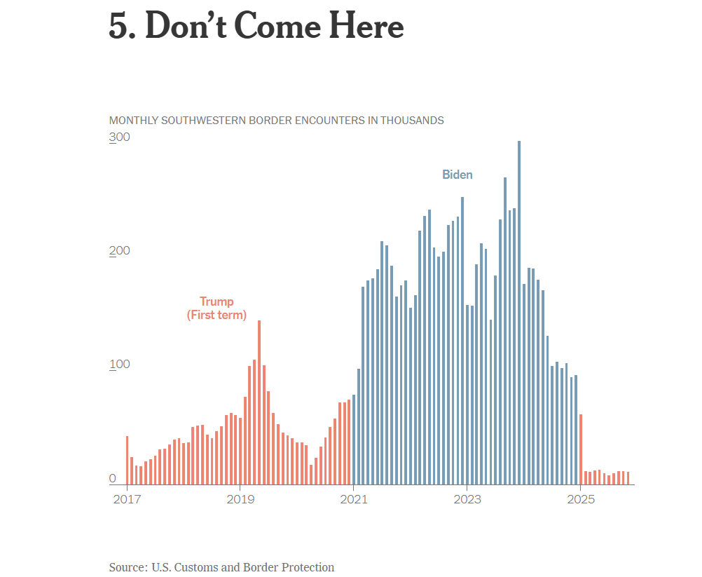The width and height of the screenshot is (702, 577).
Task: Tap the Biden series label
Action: [457, 175]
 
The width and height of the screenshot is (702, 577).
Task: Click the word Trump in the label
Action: [216, 301]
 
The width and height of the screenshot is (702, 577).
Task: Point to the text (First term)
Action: [216, 315]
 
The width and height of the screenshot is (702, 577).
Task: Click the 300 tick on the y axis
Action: [120, 137]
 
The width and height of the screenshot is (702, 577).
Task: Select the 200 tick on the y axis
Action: [120, 251]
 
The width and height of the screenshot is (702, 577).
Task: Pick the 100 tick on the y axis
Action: [120, 365]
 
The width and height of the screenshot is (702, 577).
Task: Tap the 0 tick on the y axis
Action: [112, 478]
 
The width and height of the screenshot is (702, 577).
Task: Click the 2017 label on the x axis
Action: [127, 499]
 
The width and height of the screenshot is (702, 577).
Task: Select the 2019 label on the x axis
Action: [240, 499]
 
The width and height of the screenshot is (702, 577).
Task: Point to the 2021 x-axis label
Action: [354, 499]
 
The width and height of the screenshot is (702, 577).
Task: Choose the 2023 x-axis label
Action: [467, 499]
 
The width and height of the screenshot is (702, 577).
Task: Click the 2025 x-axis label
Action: [581, 499]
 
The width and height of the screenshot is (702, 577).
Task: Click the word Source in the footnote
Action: [126, 567]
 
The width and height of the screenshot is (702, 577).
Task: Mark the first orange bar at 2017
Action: [127, 460]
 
